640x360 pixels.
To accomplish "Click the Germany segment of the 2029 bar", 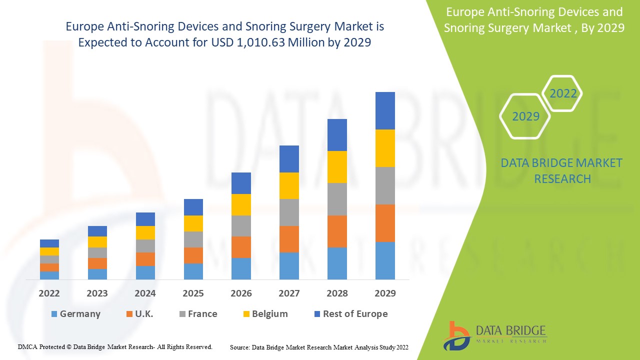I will [x=385, y=260].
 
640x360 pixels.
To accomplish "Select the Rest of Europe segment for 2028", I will [x=337, y=135].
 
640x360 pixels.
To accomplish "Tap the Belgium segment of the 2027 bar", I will [x=289, y=185].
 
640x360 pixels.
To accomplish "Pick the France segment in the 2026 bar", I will [x=241, y=226].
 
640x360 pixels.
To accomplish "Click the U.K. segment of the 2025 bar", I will [x=193, y=255].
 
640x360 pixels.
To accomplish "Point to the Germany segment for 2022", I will [x=49, y=275].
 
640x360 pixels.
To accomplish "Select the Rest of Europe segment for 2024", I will [x=145, y=219].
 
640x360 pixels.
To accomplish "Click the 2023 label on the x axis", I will [x=97, y=293].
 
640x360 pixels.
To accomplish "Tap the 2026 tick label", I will [x=241, y=293].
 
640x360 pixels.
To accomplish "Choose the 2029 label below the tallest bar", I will [x=385, y=293].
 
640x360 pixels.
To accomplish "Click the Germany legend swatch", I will [x=54, y=314].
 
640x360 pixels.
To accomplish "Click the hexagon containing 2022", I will [x=563, y=93].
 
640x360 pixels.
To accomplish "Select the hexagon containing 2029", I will [x=525, y=116].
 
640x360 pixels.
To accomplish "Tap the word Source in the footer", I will [x=239, y=346].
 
